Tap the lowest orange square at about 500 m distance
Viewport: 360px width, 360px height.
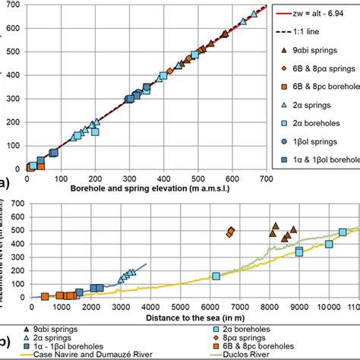(x=45, y=296)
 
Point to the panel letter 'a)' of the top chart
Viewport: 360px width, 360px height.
(x=5, y=182)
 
